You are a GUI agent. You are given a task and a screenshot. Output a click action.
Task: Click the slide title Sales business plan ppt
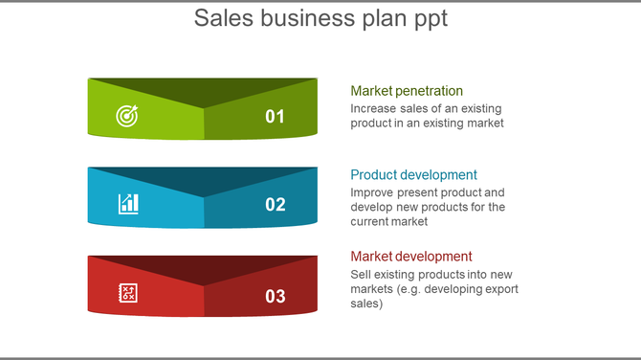coord(320,18)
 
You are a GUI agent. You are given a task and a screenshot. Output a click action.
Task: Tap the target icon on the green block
coord(127,116)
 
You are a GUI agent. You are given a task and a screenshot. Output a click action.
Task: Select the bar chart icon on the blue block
coord(128,203)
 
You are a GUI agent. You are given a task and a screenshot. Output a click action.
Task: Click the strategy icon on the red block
coord(128,293)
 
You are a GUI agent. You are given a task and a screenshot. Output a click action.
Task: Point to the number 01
coord(276,117)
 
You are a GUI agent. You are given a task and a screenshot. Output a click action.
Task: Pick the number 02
coord(276,204)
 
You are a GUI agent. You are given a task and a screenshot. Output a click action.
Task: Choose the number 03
coord(276,296)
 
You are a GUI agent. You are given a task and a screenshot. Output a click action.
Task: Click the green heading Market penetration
coord(407,91)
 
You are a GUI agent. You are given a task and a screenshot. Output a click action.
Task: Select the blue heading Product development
coord(413,175)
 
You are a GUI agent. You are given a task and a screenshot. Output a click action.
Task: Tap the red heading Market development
coord(411,257)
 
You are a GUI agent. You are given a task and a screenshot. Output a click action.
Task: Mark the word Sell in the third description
coord(362,275)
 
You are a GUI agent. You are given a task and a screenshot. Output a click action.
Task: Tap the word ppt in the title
coord(430,18)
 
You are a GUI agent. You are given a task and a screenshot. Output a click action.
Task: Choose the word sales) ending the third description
coord(366,304)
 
